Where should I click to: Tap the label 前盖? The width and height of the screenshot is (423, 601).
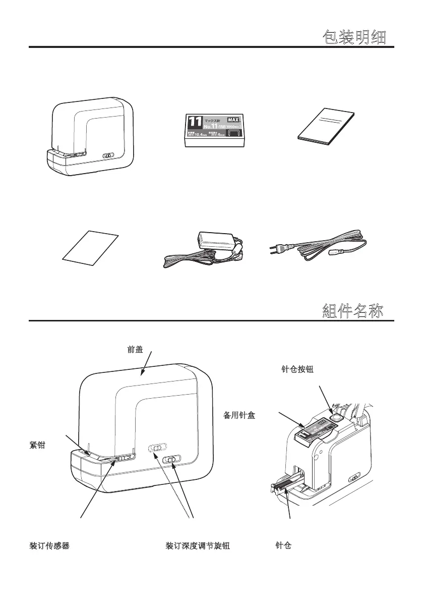click(x=135, y=349)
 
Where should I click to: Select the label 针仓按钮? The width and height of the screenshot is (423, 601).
click(x=297, y=370)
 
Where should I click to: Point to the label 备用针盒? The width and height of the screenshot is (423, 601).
click(x=239, y=416)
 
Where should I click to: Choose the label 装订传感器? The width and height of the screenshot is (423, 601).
click(x=49, y=545)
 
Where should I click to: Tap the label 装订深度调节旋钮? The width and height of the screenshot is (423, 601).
click(x=198, y=545)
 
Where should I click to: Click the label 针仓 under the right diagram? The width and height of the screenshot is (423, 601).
click(x=283, y=545)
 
